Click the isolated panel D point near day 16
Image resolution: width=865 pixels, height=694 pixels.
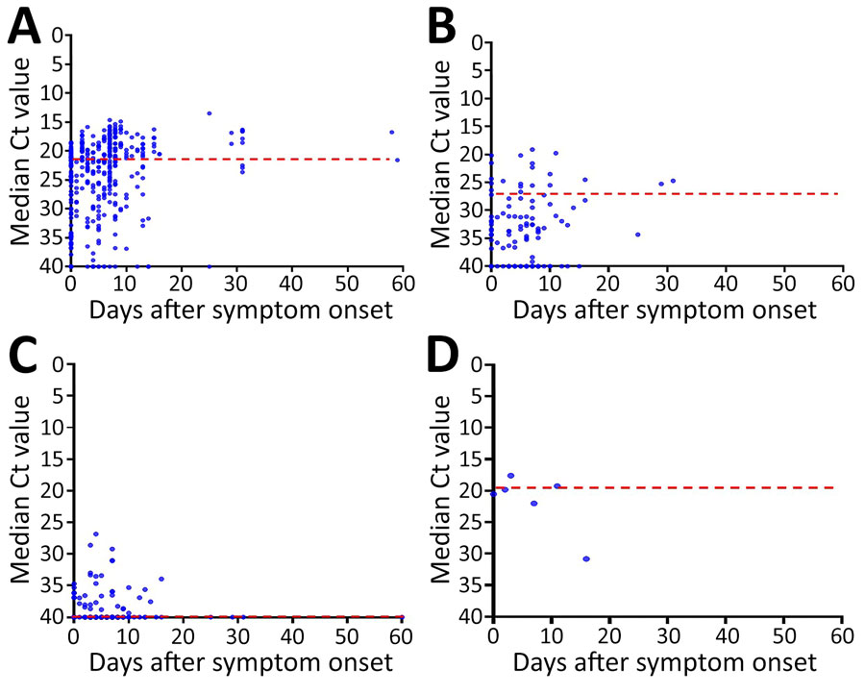(x=586, y=558)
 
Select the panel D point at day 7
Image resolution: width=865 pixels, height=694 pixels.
(x=533, y=503)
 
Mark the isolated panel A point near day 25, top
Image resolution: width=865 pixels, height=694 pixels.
(x=209, y=113)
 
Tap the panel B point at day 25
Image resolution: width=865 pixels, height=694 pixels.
(x=637, y=234)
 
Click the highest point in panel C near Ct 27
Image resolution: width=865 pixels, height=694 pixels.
(x=96, y=533)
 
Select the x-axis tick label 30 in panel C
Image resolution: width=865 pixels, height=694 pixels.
(x=236, y=637)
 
